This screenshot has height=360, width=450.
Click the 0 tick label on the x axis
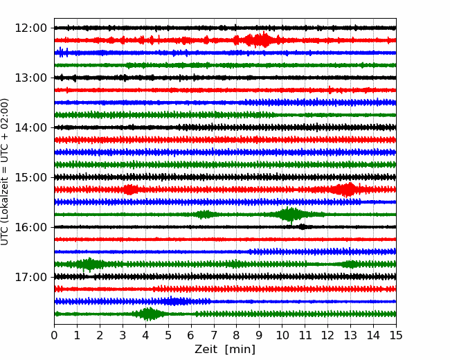pyautogui.click(x=55, y=336)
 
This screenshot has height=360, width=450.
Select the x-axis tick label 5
pyautogui.click(x=168, y=336)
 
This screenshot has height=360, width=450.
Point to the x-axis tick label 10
pyautogui.click(x=282, y=336)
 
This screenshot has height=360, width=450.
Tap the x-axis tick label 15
pyautogui.click(x=395, y=336)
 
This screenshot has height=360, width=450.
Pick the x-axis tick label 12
pyautogui.click(x=327, y=336)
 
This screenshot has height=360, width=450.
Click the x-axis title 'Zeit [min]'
pyautogui.click(x=224, y=350)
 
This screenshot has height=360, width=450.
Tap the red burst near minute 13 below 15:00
pyautogui.click(x=346, y=189)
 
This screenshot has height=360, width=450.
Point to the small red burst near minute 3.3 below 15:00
pyautogui.click(x=129, y=189)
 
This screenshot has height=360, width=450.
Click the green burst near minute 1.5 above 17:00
pyautogui.click(x=89, y=264)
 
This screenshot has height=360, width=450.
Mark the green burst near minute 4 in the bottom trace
pyautogui.click(x=148, y=314)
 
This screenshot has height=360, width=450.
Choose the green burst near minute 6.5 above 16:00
pyautogui.click(x=204, y=214)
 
